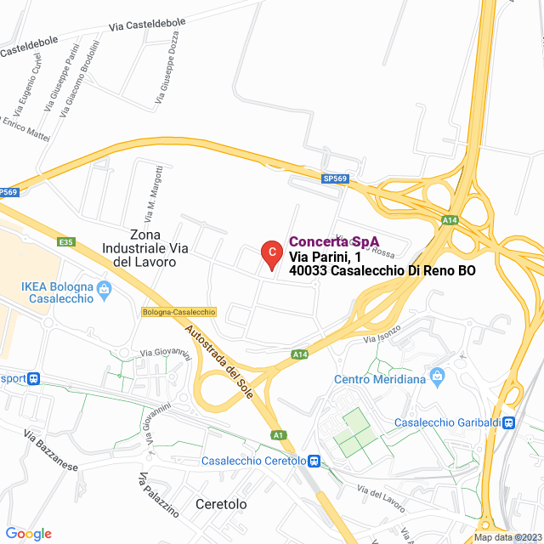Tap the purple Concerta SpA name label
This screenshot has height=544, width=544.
pyautogui.click(x=334, y=241)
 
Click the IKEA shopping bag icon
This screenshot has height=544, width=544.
pyautogui.click(x=104, y=288)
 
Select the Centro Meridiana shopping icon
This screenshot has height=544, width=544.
pyautogui.click(x=437, y=375)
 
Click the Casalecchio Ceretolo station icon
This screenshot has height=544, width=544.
pyautogui.click(x=314, y=462)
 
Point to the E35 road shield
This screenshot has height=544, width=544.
pyautogui.click(x=67, y=242)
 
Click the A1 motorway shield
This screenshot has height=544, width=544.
pyautogui.click(x=278, y=436)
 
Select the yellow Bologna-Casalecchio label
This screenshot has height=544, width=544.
pyautogui.click(x=178, y=312)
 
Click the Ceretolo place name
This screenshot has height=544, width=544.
pyautogui.click(x=221, y=504)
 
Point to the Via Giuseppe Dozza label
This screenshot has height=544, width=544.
pyautogui.click(x=167, y=81)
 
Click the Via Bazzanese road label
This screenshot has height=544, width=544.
pyautogui.click(x=50, y=455)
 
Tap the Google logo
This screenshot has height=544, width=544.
pyautogui.click(x=28, y=534)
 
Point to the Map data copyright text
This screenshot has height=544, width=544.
pyautogui.click(x=507, y=537)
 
